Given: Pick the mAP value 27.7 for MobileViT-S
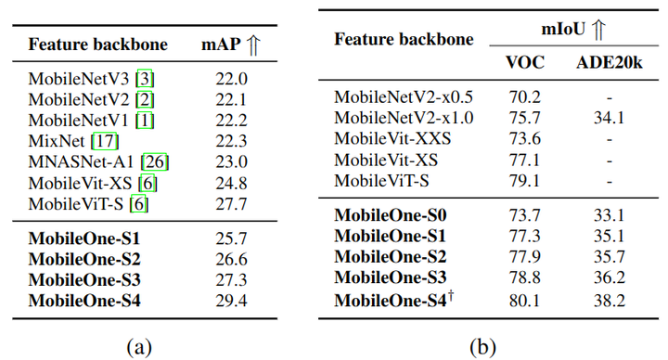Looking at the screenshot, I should pos(230,202).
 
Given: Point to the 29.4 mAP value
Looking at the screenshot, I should pos(230,299).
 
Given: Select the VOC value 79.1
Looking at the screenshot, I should pos(525,179).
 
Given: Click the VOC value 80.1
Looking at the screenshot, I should pos(525,301).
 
